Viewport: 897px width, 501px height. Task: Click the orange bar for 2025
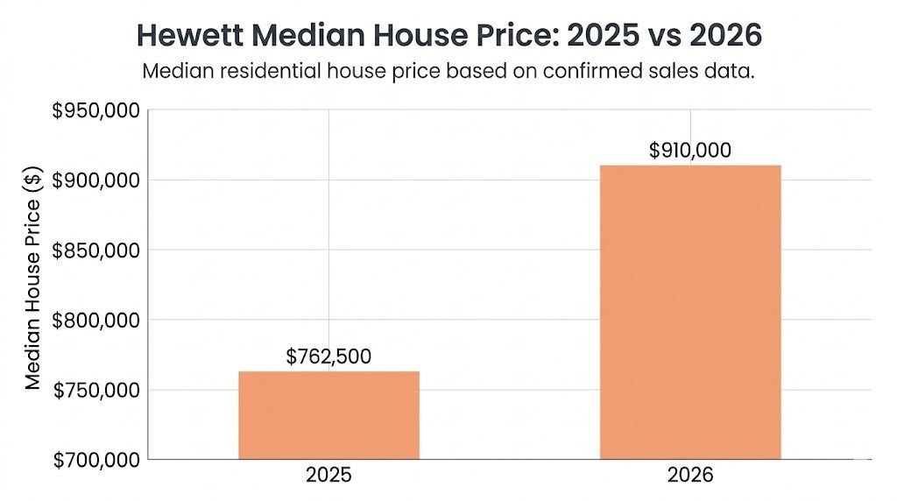(328, 415)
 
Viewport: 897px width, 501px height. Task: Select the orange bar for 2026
(690, 312)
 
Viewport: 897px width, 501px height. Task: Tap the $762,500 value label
(328, 356)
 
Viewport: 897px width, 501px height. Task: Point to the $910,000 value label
(690, 150)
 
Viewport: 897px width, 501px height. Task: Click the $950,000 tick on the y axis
(95, 110)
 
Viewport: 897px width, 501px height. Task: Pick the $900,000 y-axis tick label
(95, 180)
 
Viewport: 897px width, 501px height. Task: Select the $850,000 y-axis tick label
(95, 250)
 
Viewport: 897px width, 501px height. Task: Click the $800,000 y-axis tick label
(95, 320)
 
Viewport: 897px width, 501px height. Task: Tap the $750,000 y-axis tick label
(95, 390)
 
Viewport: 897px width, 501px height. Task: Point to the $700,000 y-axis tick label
(95, 459)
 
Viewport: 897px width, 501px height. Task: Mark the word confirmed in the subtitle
(593, 72)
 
